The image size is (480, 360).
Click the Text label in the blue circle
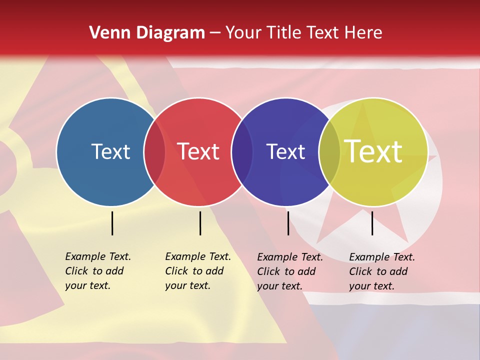click(110, 151)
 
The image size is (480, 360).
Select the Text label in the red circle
click(198, 151)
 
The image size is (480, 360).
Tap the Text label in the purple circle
click(285, 151)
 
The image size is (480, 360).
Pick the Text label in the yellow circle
click(373, 151)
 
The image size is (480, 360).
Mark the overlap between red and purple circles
click(242, 152)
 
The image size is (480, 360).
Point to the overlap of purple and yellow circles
click(329, 152)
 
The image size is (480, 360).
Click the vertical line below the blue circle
click(112, 223)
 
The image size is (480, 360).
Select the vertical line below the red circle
click(200, 223)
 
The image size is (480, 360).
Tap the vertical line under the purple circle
click(288, 223)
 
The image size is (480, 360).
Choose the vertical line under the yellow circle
click(372, 223)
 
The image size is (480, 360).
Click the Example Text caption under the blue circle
click(98, 271)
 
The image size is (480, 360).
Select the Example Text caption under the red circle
click(198, 271)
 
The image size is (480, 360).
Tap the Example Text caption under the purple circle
click(290, 271)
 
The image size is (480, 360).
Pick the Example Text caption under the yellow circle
click(382, 271)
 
